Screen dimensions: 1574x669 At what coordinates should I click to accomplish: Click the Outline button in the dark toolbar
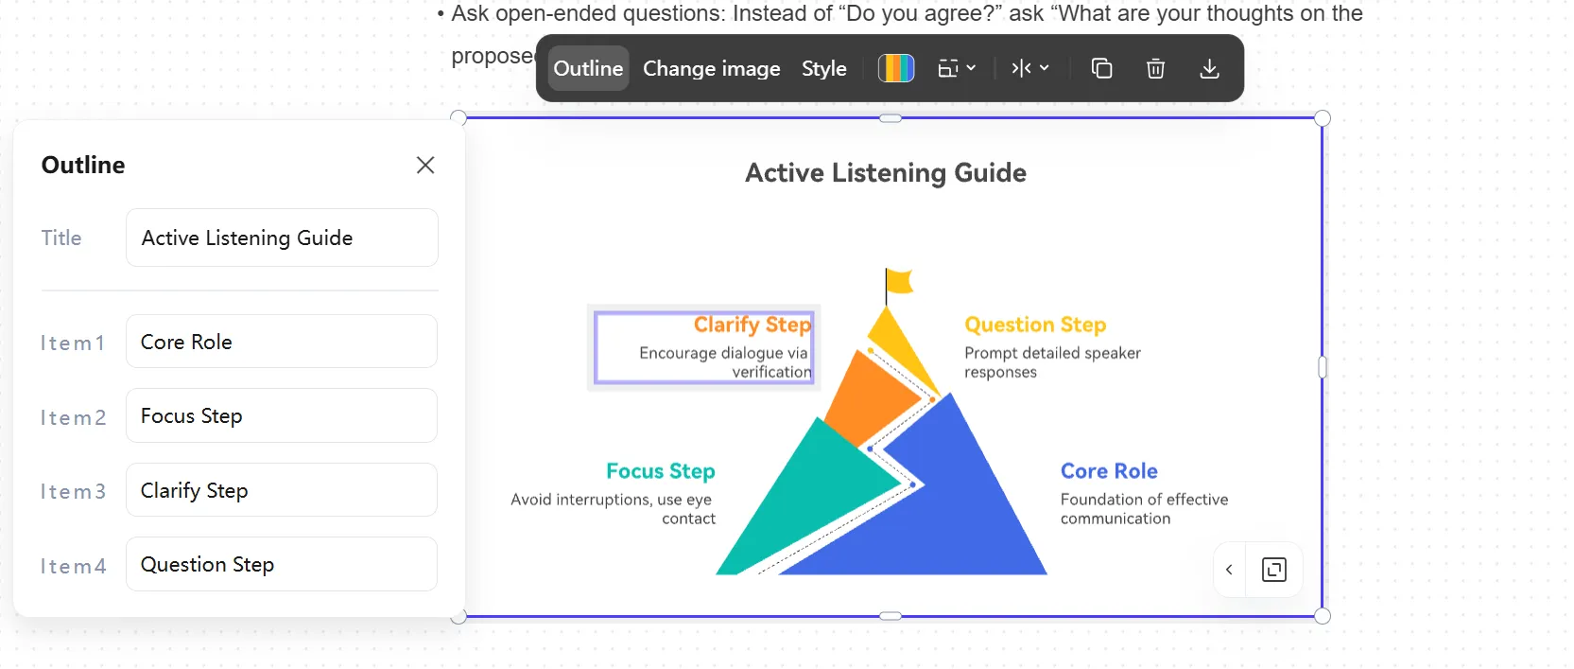click(x=588, y=68)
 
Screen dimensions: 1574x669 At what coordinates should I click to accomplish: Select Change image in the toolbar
click(x=711, y=68)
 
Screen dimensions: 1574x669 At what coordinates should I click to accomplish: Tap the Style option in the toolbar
click(x=823, y=68)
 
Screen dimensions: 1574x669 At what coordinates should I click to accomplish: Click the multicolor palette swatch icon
click(x=896, y=68)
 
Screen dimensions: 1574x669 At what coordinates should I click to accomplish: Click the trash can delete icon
click(x=1155, y=68)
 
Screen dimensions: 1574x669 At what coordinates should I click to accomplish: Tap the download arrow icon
click(x=1208, y=68)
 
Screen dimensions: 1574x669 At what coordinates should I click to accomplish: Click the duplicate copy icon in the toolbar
click(x=1101, y=68)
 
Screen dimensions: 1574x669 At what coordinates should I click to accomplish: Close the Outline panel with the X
click(x=425, y=165)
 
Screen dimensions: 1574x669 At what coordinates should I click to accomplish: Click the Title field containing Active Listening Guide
click(x=282, y=238)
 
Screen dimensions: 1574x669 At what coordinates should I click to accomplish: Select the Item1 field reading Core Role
click(x=282, y=342)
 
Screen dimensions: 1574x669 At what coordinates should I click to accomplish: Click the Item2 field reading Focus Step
click(x=282, y=415)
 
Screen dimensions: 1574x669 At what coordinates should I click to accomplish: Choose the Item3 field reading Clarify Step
click(x=282, y=489)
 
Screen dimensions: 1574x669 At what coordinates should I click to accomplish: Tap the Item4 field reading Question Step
click(x=282, y=564)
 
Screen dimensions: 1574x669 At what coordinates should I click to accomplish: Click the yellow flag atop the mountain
click(x=899, y=281)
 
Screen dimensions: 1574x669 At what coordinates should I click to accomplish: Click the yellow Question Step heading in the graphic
click(x=1035, y=325)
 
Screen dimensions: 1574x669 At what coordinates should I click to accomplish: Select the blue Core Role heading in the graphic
click(x=1109, y=470)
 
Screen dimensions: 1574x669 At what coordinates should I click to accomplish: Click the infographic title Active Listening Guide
click(x=886, y=173)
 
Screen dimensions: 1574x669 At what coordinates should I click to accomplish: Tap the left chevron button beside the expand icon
click(x=1229, y=570)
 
